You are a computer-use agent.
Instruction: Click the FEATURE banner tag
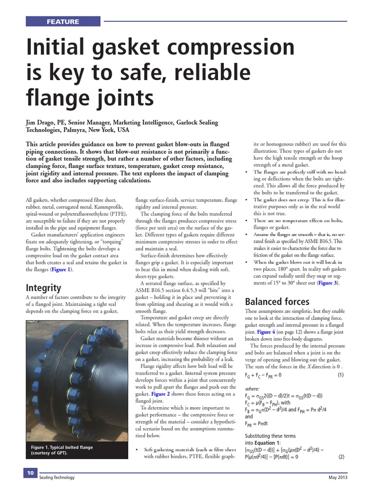[x=63, y=21]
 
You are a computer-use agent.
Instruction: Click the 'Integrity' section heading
[x=43, y=288]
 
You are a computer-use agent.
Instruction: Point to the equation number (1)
[x=340, y=375]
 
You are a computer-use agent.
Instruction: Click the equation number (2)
[x=341, y=457]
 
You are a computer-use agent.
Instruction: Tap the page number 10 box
[x=30, y=473]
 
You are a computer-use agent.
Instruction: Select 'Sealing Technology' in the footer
[x=57, y=478]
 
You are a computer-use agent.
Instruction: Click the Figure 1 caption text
[x=62, y=450]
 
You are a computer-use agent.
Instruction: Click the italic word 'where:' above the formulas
[x=252, y=389]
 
